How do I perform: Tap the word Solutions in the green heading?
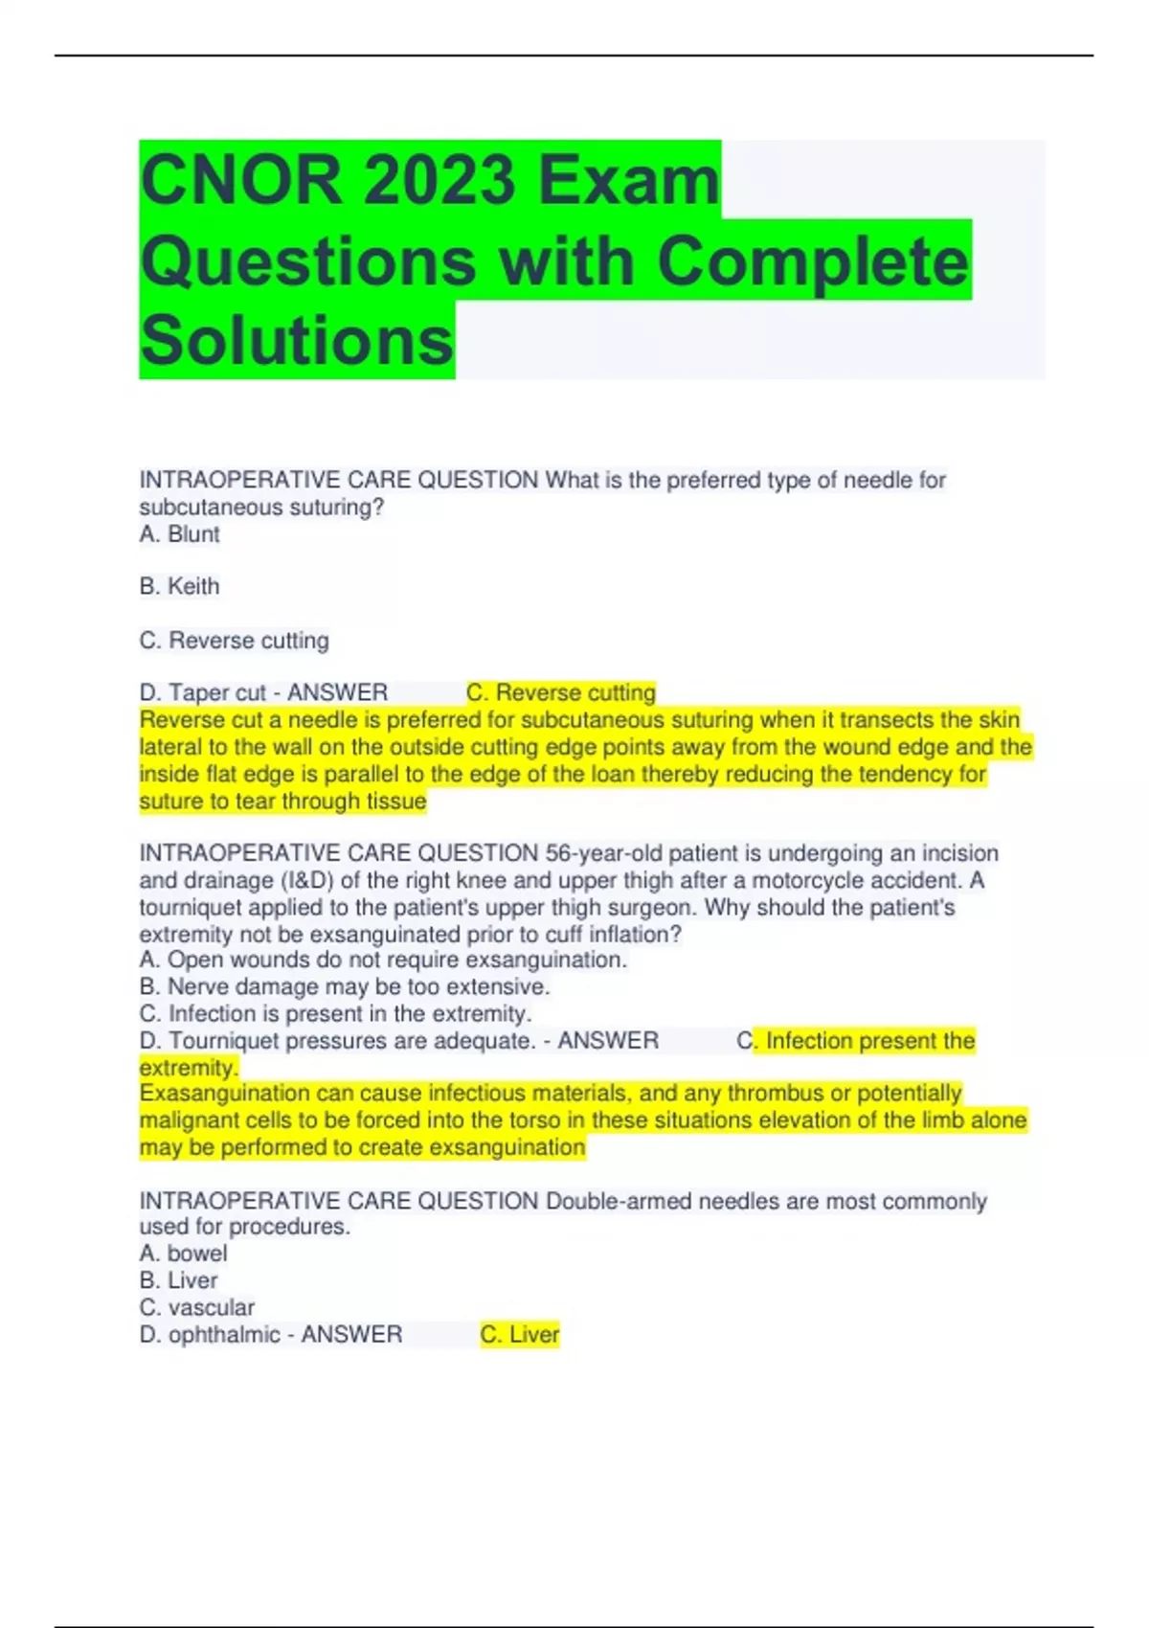(x=297, y=341)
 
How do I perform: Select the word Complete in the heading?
(x=813, y=260)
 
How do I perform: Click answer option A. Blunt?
(x=180, y=534)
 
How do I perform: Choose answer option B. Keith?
(x=180, y=586)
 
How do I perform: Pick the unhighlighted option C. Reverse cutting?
(x=235, y=640)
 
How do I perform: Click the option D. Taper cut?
(x=202, y=692)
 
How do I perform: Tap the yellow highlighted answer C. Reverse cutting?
(x=561, y=692)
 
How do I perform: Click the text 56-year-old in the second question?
(x=603, y=853)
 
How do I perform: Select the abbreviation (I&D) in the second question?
(x=304, y=880)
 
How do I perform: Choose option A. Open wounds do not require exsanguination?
(x=383, y=960)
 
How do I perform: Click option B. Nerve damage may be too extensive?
(x=345, y=986)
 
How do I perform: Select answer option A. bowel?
(x=184, y=1254)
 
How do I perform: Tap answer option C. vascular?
(x=197, y=1307)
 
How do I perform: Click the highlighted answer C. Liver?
(x=520, y=1334)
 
